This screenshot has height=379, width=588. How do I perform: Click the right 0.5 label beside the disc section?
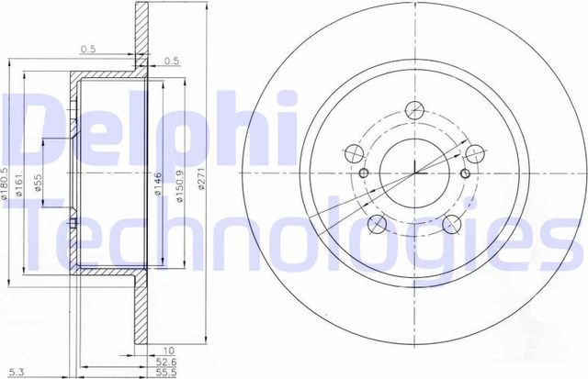[x=172, y=62]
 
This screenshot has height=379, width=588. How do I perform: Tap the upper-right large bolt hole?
[x=475, y=154]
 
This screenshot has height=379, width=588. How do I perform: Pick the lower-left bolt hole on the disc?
[x=379, y=225]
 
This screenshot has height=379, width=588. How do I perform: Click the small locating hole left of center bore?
[x=365, y=174]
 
